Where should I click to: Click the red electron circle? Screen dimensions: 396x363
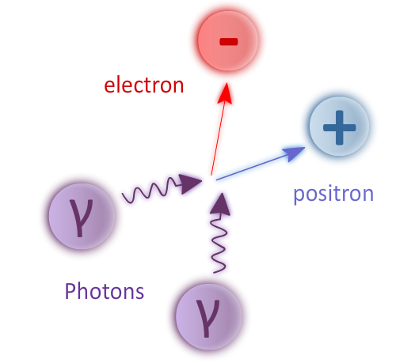pyautogui.click(x=228, y=41)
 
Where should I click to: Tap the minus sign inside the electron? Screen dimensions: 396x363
pyautogui.click(x=229, y=42)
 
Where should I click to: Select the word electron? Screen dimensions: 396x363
pyautogui.click(x=144, y=85)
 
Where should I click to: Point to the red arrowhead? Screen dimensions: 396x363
pyautogui.click(x=225, y=93)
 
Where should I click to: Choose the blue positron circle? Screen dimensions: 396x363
pyautogui.click(x=339, y=127)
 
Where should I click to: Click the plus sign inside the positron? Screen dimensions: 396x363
pyautogui.click(x=340, y=127)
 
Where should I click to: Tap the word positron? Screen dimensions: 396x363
pyautogui.click(x=333, y=195)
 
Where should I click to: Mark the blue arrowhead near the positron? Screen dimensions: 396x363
pyautogui.click(x=294, y=153)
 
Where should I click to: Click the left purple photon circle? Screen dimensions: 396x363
pyautogui.click(x=82, y=216)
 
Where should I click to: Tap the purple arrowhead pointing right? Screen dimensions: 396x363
pyautogui.click(x=189, y=184)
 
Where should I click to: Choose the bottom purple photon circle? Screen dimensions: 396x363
pyautogui.click(x=208, y=316)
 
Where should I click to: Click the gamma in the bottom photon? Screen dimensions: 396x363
pyautogui.click(x=208, y=319)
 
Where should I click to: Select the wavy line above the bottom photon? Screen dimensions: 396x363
pyautogui.click(x=219, y=243)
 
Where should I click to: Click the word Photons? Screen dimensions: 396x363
pyautogui.click(x=105, y=291)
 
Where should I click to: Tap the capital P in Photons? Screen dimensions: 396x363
pyautogui.click(x=70, y=291)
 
